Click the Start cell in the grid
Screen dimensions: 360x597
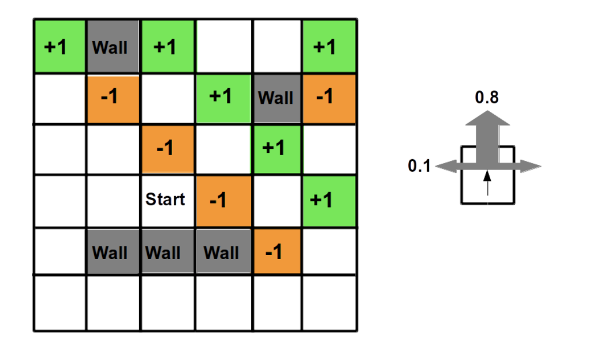click(x=166, y=200)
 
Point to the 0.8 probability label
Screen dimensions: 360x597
click(x=487, y=97)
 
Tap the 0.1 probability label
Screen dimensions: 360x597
click(x=419, y=166)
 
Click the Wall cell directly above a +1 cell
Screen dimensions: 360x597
click(x=275, y=97)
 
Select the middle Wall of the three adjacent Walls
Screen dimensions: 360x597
click(x=166, y=252)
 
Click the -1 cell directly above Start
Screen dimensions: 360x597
click(x=166, y=148)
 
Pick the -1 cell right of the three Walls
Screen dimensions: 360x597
click(x=275, y=252)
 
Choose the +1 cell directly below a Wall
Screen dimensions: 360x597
click(x=275, y=148)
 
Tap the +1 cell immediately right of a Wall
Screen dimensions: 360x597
click(x=166, y=47)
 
